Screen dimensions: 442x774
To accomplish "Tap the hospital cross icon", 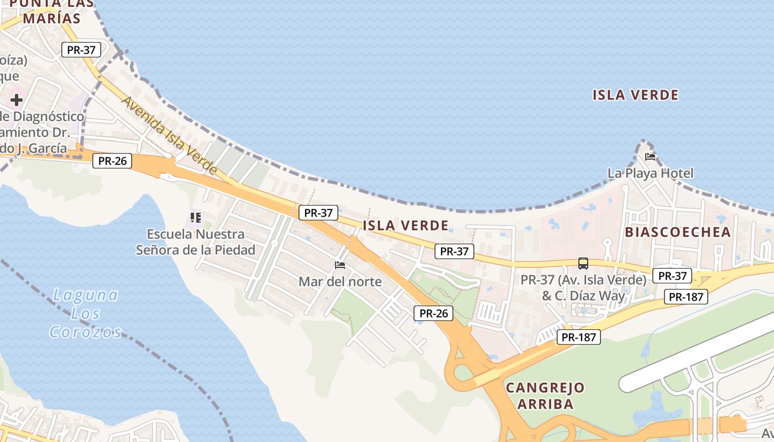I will click(x=17, y=100).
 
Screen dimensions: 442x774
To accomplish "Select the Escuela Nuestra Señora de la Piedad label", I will click(x=196, y=242).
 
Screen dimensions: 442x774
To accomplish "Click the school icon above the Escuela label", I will click(x=195, y=218).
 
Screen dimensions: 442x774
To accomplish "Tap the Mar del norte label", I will click(x=340, y=282).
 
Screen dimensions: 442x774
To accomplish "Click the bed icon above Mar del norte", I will click(x=340, y=266).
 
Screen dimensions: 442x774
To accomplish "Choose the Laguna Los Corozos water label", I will click(x=86, y=313).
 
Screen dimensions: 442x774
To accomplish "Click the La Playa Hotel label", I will click(x=650, y=173).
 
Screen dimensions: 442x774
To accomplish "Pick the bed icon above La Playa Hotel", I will click(x=650, y=157).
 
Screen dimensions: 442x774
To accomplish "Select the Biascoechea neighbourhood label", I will click(x=678, y=232).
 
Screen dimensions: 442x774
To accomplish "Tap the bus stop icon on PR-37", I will click(x=583, y=264).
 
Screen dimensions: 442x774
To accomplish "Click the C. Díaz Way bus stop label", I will click(x=583, y=288).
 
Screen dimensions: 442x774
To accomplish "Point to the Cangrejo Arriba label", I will click(x=545, y=396).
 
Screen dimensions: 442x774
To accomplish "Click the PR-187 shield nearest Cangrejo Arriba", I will click(x=578, y=337).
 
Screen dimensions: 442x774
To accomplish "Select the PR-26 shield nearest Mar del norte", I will click(x=433, y=313).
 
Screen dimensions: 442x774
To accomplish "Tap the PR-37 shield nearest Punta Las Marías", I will click(x=81, y=50).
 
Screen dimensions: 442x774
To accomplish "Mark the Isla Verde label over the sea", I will click(x=635, y=95).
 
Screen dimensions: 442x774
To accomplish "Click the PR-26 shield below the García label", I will click(x=112, y=161).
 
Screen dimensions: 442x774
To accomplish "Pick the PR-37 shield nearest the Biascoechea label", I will click(x=672, y=276).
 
